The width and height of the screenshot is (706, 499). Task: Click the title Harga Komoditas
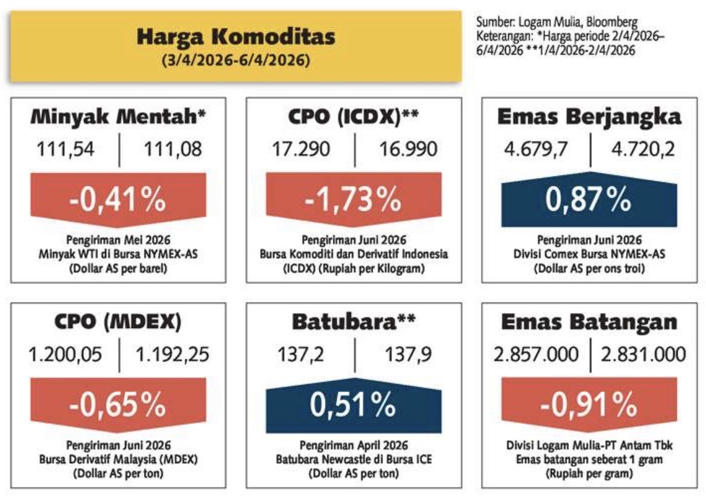(x=236, y=37)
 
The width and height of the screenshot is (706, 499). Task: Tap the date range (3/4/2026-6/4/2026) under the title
(x=236, y=62)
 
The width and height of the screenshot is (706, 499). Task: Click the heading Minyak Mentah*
(x=119, y=116)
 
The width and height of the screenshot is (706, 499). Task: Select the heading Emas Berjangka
(x=590, y=116)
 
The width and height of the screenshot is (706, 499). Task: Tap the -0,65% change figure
(x=118, y=405)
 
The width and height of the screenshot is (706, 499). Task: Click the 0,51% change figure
(x=353, y=405)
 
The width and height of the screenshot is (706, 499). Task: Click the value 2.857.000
(x=536, y=354)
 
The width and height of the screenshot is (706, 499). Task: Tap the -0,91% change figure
(x=589, y=405)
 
